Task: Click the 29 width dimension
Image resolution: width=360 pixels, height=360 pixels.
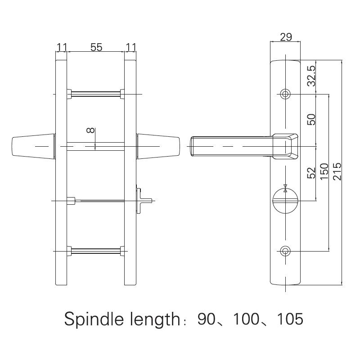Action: (x=285, y=37)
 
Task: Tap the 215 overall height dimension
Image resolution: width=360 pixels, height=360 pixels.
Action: (x=338, y=171)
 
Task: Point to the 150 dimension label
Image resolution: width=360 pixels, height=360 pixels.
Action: (x=324, y=172)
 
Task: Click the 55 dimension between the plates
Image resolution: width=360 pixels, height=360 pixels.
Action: (x=96, y=47)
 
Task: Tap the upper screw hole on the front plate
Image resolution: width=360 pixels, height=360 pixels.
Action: (x=285, y=94)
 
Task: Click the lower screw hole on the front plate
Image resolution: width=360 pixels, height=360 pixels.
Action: (x=285, y=251)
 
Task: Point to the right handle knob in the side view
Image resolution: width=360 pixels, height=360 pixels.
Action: (x=158, y=147)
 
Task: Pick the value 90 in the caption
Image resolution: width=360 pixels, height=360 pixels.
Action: (x=207, y=319)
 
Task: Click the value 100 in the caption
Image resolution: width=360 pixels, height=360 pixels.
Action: (x=246, y=319)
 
